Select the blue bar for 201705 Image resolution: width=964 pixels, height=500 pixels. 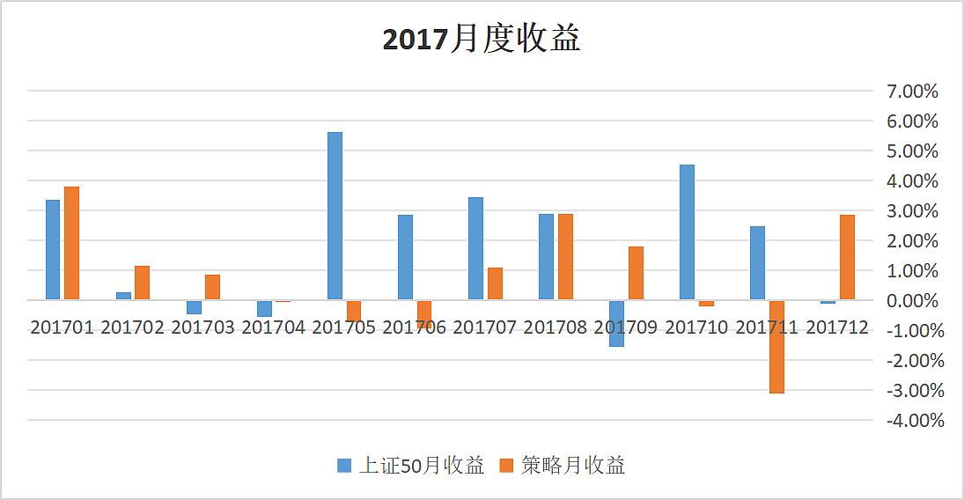[x=335, y=216]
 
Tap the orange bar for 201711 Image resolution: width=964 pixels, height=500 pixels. [x=776, y=346]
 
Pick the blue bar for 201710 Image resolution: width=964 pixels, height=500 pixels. [x=687, y=232]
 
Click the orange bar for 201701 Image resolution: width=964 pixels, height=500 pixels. [x=71, y=243]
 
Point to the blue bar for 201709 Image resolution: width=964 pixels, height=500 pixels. [x=616, y=323]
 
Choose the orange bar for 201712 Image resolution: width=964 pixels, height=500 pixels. [x=847, y=257]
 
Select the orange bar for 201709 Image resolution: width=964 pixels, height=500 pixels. [x=636, y=273]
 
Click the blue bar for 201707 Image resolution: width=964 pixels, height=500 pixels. [x=475, y=248]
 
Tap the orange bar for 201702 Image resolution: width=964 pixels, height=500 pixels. [x=142, y=283]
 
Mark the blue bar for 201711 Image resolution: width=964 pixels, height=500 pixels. [x=757, y=263]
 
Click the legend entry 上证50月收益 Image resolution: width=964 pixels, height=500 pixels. [x=411, y=466]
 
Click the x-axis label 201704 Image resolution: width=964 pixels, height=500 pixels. [x=273, y=327]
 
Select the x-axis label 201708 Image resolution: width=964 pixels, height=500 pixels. [x=555, y=327]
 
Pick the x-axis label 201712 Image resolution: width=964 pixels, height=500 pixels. [x=837, y=327]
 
